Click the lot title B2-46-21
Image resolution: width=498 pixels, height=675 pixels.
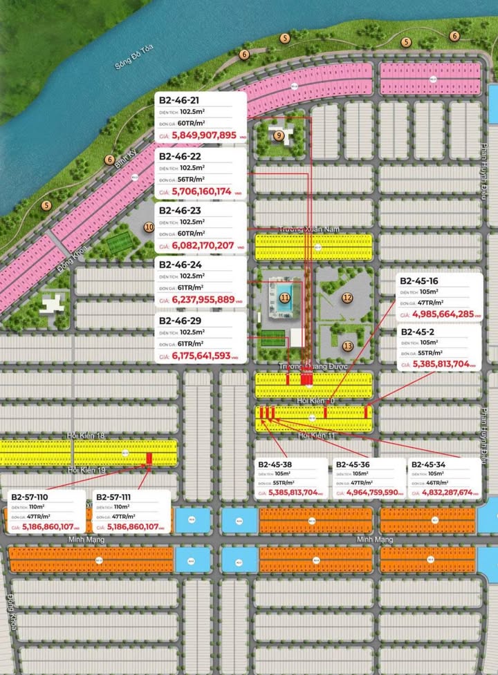[179, 101]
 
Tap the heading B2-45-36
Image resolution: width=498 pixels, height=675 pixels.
[354, 464]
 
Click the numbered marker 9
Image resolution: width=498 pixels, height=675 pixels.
[278, 135]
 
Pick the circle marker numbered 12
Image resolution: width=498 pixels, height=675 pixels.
[347, 298]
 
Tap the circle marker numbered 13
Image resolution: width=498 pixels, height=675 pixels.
[347, 345]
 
